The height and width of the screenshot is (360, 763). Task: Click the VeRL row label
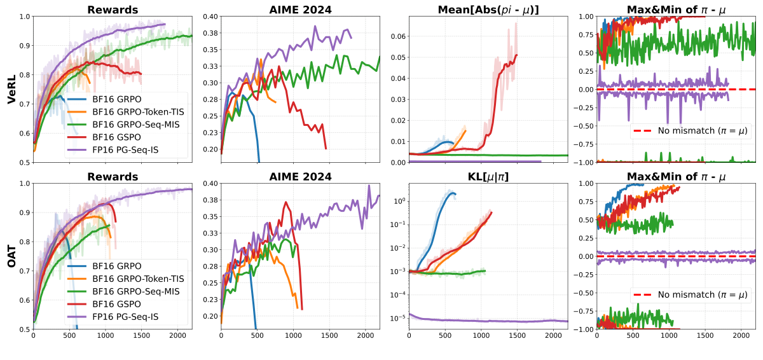[11, 89]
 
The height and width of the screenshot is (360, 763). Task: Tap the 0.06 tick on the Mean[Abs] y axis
[399, 36]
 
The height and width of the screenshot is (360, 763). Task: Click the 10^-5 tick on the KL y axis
[397, 317]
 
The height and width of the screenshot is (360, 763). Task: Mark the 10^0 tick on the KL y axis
[399, 201]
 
